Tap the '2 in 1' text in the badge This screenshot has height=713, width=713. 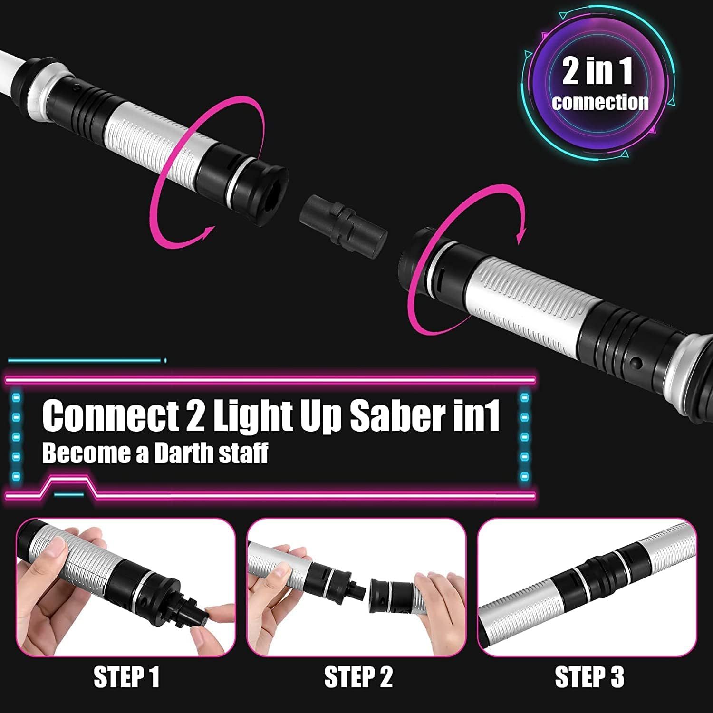pos(597,71)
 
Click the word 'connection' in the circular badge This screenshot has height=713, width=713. pos(600,102)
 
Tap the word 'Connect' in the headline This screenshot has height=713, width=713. pos(110,416)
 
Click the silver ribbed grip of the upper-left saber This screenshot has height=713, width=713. pos(152,143)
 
